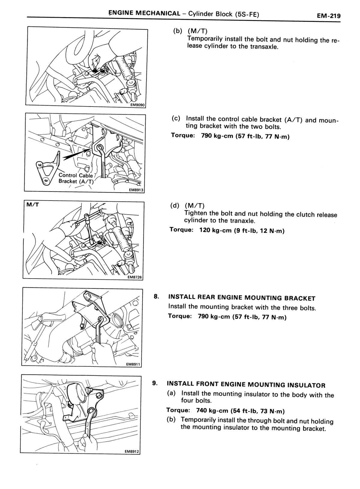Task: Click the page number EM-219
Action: pos(328,16)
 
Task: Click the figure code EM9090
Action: pos(137,105)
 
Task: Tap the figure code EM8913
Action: pos(136,190)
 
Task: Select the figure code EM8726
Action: pos(135,277)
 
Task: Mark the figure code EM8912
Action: pos(132,452)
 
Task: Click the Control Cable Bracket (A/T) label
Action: pos(76,178)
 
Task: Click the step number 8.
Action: pos(156,296)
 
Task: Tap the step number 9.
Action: pos(155,383)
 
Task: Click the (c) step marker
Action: pos(176,118)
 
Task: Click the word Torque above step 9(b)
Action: pos(178,410)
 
